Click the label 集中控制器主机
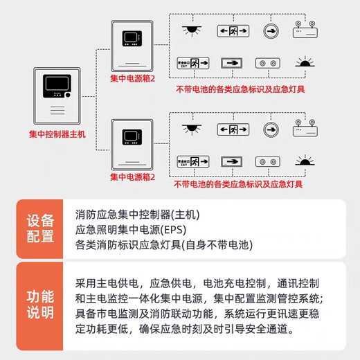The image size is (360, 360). point(57,134)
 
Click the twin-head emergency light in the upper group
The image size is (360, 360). point(305,33)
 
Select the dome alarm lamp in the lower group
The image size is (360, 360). point(305,161)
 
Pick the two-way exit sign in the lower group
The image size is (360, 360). point(232,129)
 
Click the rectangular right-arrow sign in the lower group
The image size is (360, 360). point(232,161)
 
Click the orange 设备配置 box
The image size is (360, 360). point(40,228)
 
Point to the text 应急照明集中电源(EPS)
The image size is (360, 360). point(131,228)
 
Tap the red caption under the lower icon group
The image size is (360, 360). point(238,185)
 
